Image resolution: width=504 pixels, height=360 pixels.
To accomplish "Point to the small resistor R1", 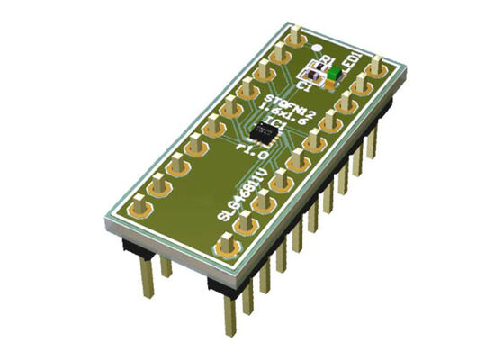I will [x=316, y=66].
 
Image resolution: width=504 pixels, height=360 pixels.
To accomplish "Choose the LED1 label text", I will [x=349, y=64].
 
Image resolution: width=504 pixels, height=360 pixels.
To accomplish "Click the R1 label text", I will [x=316, y=58].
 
